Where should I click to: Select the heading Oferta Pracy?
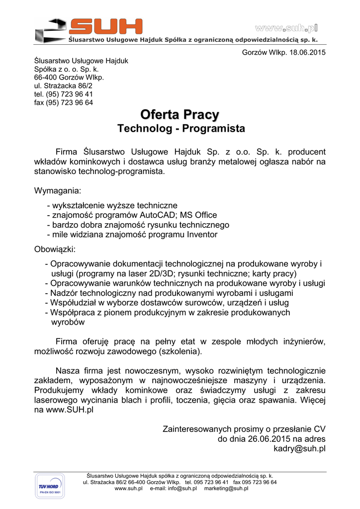tap(180, 115)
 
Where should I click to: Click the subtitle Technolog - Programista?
tap(181, 129)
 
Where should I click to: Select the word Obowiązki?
tap(55, 249)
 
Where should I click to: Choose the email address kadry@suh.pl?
tap(300, 448)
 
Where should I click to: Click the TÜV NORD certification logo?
tap(48, 487)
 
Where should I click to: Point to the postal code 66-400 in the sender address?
tap(45, 78)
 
